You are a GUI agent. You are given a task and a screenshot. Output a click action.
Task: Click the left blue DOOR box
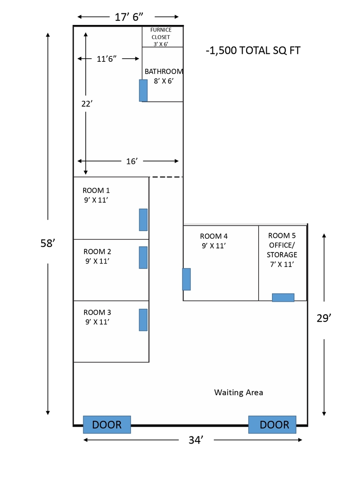coord(107,424)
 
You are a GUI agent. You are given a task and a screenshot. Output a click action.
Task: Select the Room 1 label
coord(96,195)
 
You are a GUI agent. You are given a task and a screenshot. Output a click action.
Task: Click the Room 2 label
coord(97,256)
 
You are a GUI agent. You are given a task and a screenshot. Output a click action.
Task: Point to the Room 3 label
coord(97,317)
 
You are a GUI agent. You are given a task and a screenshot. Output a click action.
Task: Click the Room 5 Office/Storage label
coord(282,250)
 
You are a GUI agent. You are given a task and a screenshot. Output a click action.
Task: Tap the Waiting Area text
coord(239,392)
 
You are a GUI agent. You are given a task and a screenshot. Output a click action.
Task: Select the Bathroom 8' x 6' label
coord(164,76)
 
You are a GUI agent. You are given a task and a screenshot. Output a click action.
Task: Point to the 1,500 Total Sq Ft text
coord(253,51)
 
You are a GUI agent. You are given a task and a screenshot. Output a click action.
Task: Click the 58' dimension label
coord(47,244)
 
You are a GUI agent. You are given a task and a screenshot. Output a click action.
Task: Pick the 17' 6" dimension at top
coord(129,17)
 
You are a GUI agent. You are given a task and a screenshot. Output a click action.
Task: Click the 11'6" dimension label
coord(107,59)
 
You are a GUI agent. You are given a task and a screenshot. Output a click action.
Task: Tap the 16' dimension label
coord(131,161)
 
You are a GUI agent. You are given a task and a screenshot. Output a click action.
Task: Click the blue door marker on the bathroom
coord(143,90)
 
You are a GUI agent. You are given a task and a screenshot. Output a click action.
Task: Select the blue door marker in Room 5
coord(283,297)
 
